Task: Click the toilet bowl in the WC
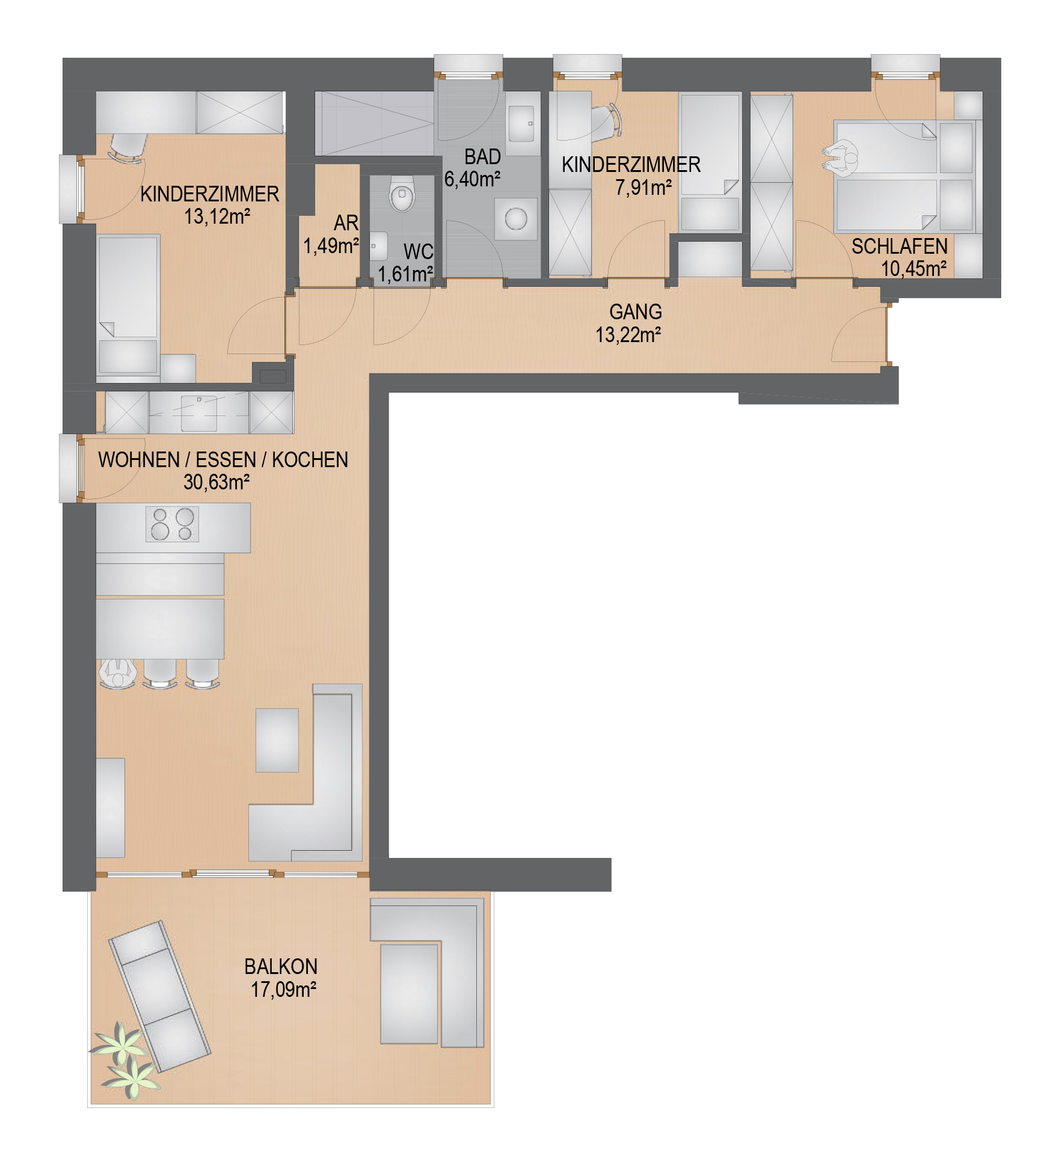402,194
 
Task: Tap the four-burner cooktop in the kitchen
173,524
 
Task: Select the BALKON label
281,966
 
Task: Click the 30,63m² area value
216,482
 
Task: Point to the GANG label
636,311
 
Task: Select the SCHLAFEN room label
899,247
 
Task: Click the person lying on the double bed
841,158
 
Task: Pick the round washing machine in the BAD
515,219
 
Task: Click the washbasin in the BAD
521,124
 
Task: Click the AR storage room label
346,223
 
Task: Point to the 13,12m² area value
217,216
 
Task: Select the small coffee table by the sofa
277,740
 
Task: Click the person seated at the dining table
118,673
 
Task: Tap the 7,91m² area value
643,188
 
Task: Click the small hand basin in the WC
378,246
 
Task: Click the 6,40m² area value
472,179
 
